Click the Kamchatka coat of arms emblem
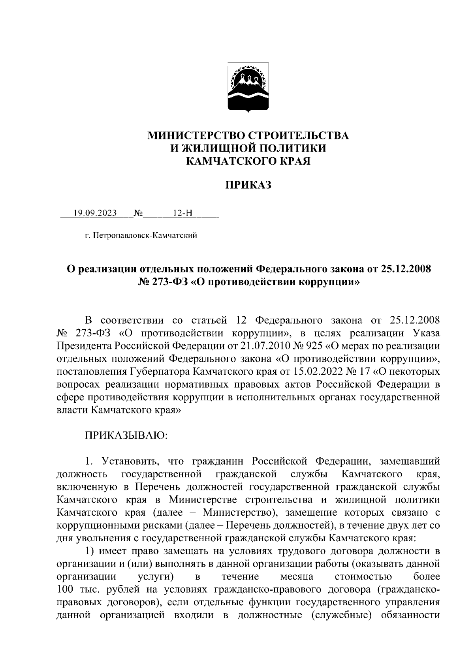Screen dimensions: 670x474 click(x=248, y=88)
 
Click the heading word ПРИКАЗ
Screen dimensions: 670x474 click(x=248, y=185)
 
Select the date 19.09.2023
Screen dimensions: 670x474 click(x=95, y=214)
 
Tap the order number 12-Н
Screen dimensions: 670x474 click(x=182, y=214)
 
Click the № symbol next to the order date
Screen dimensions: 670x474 click(x=138, y=214)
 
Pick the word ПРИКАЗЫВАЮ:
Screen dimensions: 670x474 click(x=126, y=435)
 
